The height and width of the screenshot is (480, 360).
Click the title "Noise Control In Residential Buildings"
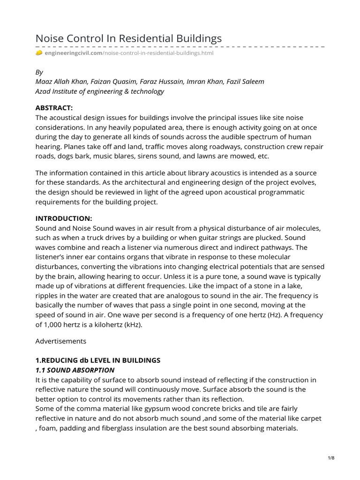click(128, 38)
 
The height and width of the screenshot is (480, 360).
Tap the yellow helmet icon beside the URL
click(39, 53)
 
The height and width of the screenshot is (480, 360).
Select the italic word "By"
click(39, 72)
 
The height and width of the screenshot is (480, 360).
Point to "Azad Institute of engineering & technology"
click(100, 91)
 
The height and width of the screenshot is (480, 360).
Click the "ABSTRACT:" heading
click(54, 108)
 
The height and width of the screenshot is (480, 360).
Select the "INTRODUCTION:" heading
click(64, 218)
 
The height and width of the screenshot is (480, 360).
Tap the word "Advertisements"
click(60, 342)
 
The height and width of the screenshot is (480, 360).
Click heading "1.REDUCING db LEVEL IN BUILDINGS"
click(98, 360)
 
